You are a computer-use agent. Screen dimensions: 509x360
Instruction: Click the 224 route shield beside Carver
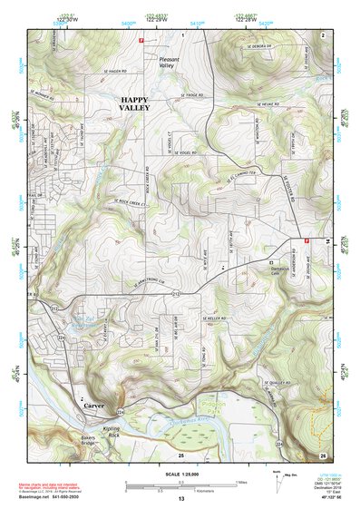(x=119, y=411)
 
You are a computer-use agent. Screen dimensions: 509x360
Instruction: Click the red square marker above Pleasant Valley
(x=141, y=40)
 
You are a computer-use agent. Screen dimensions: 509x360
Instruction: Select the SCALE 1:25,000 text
(x=179, y=473)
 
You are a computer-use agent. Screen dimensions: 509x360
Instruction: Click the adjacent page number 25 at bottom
(x=180, y=453)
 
